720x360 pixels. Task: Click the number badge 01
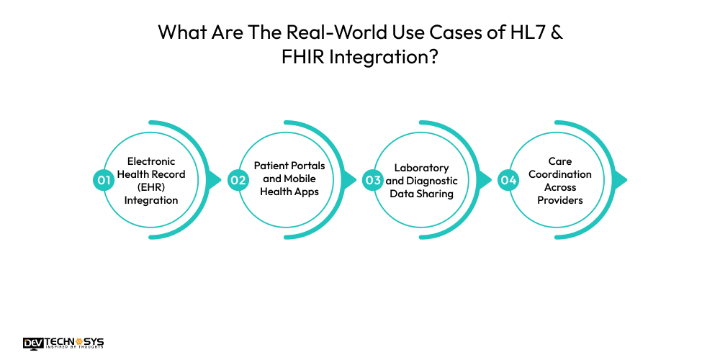coord(104,180)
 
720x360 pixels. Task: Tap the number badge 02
coord(238,180)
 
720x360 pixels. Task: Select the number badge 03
coord(372,180)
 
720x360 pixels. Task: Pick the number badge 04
coord(508,180)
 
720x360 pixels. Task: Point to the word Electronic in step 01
coord(151,161)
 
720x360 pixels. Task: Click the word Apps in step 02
coord(306,192)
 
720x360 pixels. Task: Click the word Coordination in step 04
coord(560,174)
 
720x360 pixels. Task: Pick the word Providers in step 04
coord(560,199)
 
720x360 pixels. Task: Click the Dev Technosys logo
coord(63,343)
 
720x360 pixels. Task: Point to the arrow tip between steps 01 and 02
coord(217,180)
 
